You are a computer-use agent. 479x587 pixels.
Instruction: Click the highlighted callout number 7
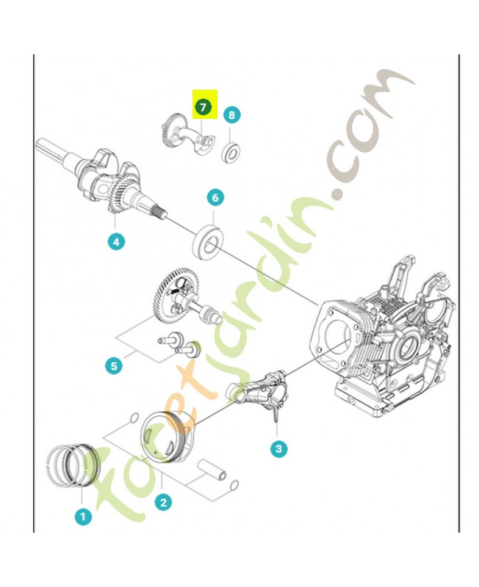coord(203,107)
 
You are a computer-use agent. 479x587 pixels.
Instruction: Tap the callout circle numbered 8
coord(231,114)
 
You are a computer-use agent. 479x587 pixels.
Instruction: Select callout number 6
coord(215,197)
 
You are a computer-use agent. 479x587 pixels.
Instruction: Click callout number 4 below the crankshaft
coord(116,242)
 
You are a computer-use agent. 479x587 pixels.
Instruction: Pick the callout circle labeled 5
coord(114,365)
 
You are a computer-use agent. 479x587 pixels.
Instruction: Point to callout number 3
coord(278,448)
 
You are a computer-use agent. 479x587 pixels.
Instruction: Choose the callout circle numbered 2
coord(163,502)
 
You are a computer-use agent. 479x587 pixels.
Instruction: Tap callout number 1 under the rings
coord(83,517)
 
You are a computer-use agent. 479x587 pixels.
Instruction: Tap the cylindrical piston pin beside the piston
coord(212,470)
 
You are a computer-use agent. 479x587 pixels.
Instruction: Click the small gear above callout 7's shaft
coord(169,128)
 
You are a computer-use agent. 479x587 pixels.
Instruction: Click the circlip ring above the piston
coord(134,417)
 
